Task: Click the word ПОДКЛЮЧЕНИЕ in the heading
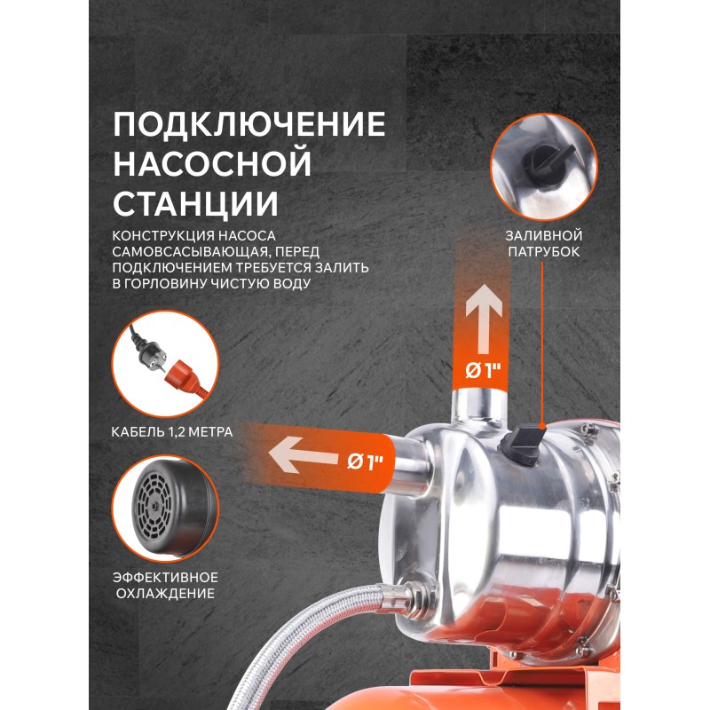tap(249, 124)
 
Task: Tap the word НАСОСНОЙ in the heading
tap(212, 164)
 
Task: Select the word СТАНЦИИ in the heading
tap(195, 204)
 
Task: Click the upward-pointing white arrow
tap(484, 319)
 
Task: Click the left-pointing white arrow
tap(304, 454)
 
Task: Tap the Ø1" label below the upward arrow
tap(483, 371)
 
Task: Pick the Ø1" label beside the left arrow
tap(365, 461)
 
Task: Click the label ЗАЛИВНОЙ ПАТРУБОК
tap(543, 243)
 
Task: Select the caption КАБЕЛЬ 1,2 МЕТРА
tap(172, 432)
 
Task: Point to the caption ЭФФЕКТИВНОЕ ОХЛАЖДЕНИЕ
tap(165, 585)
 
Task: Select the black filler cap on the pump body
tap(525, 440)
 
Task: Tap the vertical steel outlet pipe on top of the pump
tap(481, 406)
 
